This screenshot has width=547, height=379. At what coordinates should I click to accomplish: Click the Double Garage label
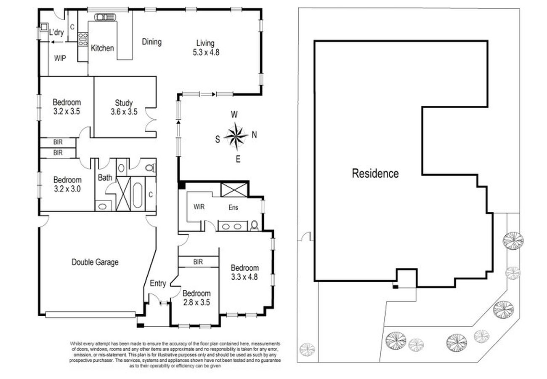(x=95, y=262)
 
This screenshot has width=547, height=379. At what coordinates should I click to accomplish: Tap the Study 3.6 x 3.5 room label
(x=124, y=107)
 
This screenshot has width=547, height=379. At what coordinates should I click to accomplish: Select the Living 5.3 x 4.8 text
(x=206, y=48)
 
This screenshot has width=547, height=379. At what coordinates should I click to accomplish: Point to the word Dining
(x=151, y=42)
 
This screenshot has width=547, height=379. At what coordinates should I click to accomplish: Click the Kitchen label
(x=102, y=48)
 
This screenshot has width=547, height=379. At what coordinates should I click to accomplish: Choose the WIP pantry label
(x=60, y=58)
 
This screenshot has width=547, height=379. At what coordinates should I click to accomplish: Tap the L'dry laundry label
(x=56, y=32)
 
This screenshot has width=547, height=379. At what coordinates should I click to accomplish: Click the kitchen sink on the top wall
(x=105, y=17)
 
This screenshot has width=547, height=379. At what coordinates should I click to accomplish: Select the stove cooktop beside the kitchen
(x=83, y=39)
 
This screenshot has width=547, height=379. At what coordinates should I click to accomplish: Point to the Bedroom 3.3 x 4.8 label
(x=244, y=272)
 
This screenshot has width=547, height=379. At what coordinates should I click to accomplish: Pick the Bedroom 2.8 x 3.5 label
(x=196, y=298)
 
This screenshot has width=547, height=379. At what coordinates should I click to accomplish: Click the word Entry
(x=158, y=283)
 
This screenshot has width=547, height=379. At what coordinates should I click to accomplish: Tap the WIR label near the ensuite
(x=199, y=207)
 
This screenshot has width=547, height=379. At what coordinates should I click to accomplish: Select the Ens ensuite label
(x=233, y=208)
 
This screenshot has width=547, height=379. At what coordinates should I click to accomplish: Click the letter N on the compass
(x=254, y=135)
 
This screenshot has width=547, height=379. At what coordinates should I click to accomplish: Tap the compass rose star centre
(x=236, y=136)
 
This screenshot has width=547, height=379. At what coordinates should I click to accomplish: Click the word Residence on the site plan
(x=375, y=173)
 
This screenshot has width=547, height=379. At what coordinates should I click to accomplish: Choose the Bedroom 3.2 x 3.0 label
(x=67, y=184)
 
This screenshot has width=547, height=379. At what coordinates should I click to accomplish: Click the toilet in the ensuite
(x=255, y=225)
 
